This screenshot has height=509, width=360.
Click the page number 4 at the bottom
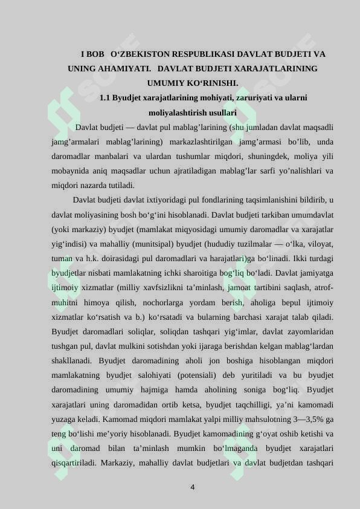[x=192, y=487]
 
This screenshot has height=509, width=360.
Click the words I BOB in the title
[x=92, y=54]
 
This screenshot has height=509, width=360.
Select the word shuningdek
[x=265, y=157]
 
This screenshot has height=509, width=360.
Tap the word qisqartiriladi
[x=74, y=462]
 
